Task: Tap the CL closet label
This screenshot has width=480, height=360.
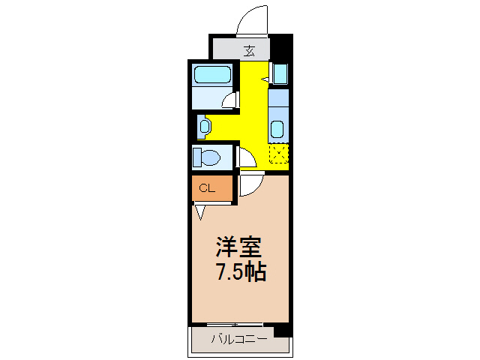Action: tap(207, 188)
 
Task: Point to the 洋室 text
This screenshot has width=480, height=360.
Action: tap(239, 247)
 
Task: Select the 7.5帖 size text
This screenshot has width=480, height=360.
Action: tap(240, 271)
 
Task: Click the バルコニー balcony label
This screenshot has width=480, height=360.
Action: tap(238, 339)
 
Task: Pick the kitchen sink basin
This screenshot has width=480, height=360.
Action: tap(277, 127)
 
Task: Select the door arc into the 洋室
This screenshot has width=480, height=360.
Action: tap(250, 184)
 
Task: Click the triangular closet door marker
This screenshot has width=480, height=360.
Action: tap(199, 212)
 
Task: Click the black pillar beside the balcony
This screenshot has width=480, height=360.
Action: tap(282, 330)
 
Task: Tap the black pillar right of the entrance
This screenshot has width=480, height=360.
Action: tap(281, 49)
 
